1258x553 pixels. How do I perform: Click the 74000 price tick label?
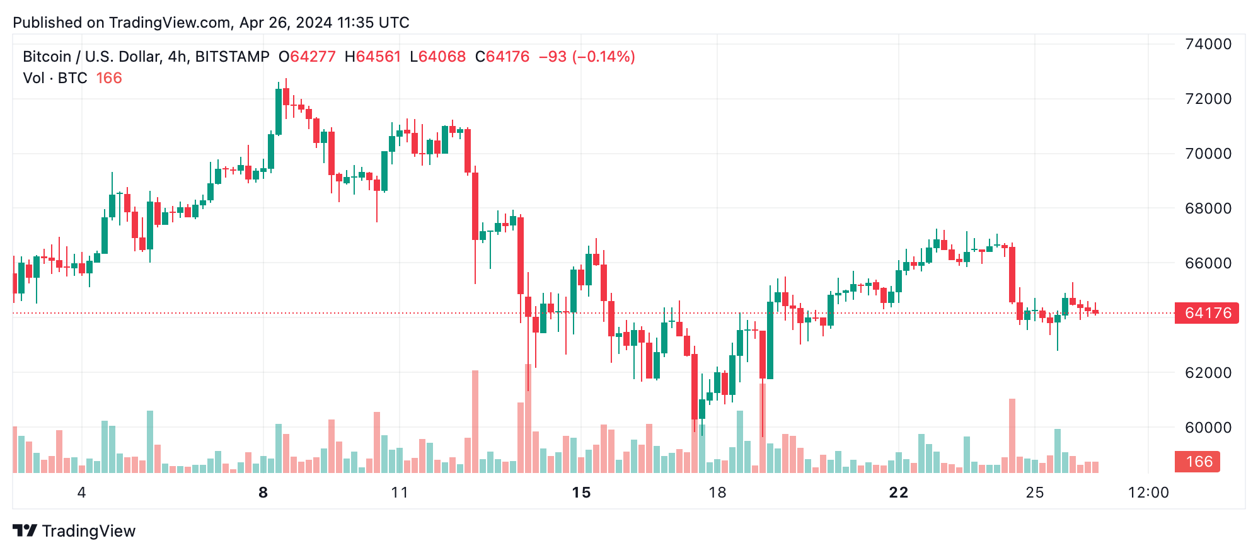tap(1208, 44)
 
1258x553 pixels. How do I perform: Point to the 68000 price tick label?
tap(1208, 208)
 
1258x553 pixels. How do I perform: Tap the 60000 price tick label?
tap(1208, 428)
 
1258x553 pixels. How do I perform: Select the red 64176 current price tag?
tap(1207, 313)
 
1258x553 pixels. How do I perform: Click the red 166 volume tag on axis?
tap(1198, 462)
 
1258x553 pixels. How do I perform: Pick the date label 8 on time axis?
tap(263, 493)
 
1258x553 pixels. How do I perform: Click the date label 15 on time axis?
tap(581, 493)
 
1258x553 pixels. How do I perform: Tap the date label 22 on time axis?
tap(898, 493)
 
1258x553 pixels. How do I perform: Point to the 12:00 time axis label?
tap(1148, 493)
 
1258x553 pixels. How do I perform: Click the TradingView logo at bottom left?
tap(74, 531)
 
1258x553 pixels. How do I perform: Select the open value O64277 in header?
tap(307, 57)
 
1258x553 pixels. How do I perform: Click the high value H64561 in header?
tap(372, 57)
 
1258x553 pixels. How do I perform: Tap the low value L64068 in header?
tap(437, 57)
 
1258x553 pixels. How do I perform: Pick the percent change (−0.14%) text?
tap(603, 57)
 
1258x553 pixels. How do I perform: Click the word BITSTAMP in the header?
tap(232, 57)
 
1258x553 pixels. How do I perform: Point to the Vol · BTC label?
tap(55, 78)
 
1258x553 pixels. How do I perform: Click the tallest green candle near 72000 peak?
tap(279, 111)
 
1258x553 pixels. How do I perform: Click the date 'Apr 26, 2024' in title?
tap(286, 23)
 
